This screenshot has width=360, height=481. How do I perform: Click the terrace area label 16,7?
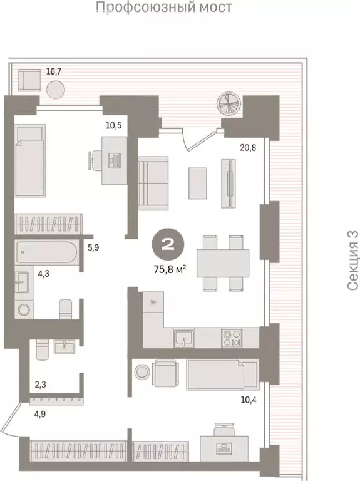tap(54, 71)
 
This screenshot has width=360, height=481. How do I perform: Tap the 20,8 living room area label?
tap(248, 148)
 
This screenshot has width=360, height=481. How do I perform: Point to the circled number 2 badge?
tap(168, 244)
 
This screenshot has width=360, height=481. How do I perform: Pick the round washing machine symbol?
tap(24, 309)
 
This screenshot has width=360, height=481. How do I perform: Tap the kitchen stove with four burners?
tap(232, 338)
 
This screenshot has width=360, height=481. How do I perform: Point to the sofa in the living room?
tap(153, 183)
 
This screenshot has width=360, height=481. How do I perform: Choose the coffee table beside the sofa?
tap(197, 183)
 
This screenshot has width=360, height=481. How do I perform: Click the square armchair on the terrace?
tap(29, 80)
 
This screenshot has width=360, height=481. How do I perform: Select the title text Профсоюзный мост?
tap(164, 6)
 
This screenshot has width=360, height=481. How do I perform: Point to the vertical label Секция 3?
tap(353, 261)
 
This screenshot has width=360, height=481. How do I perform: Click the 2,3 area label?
tap(40, 385)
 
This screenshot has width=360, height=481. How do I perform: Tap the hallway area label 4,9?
tap(40, 414)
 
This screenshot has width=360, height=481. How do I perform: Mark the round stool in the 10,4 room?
tap(142, 372)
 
